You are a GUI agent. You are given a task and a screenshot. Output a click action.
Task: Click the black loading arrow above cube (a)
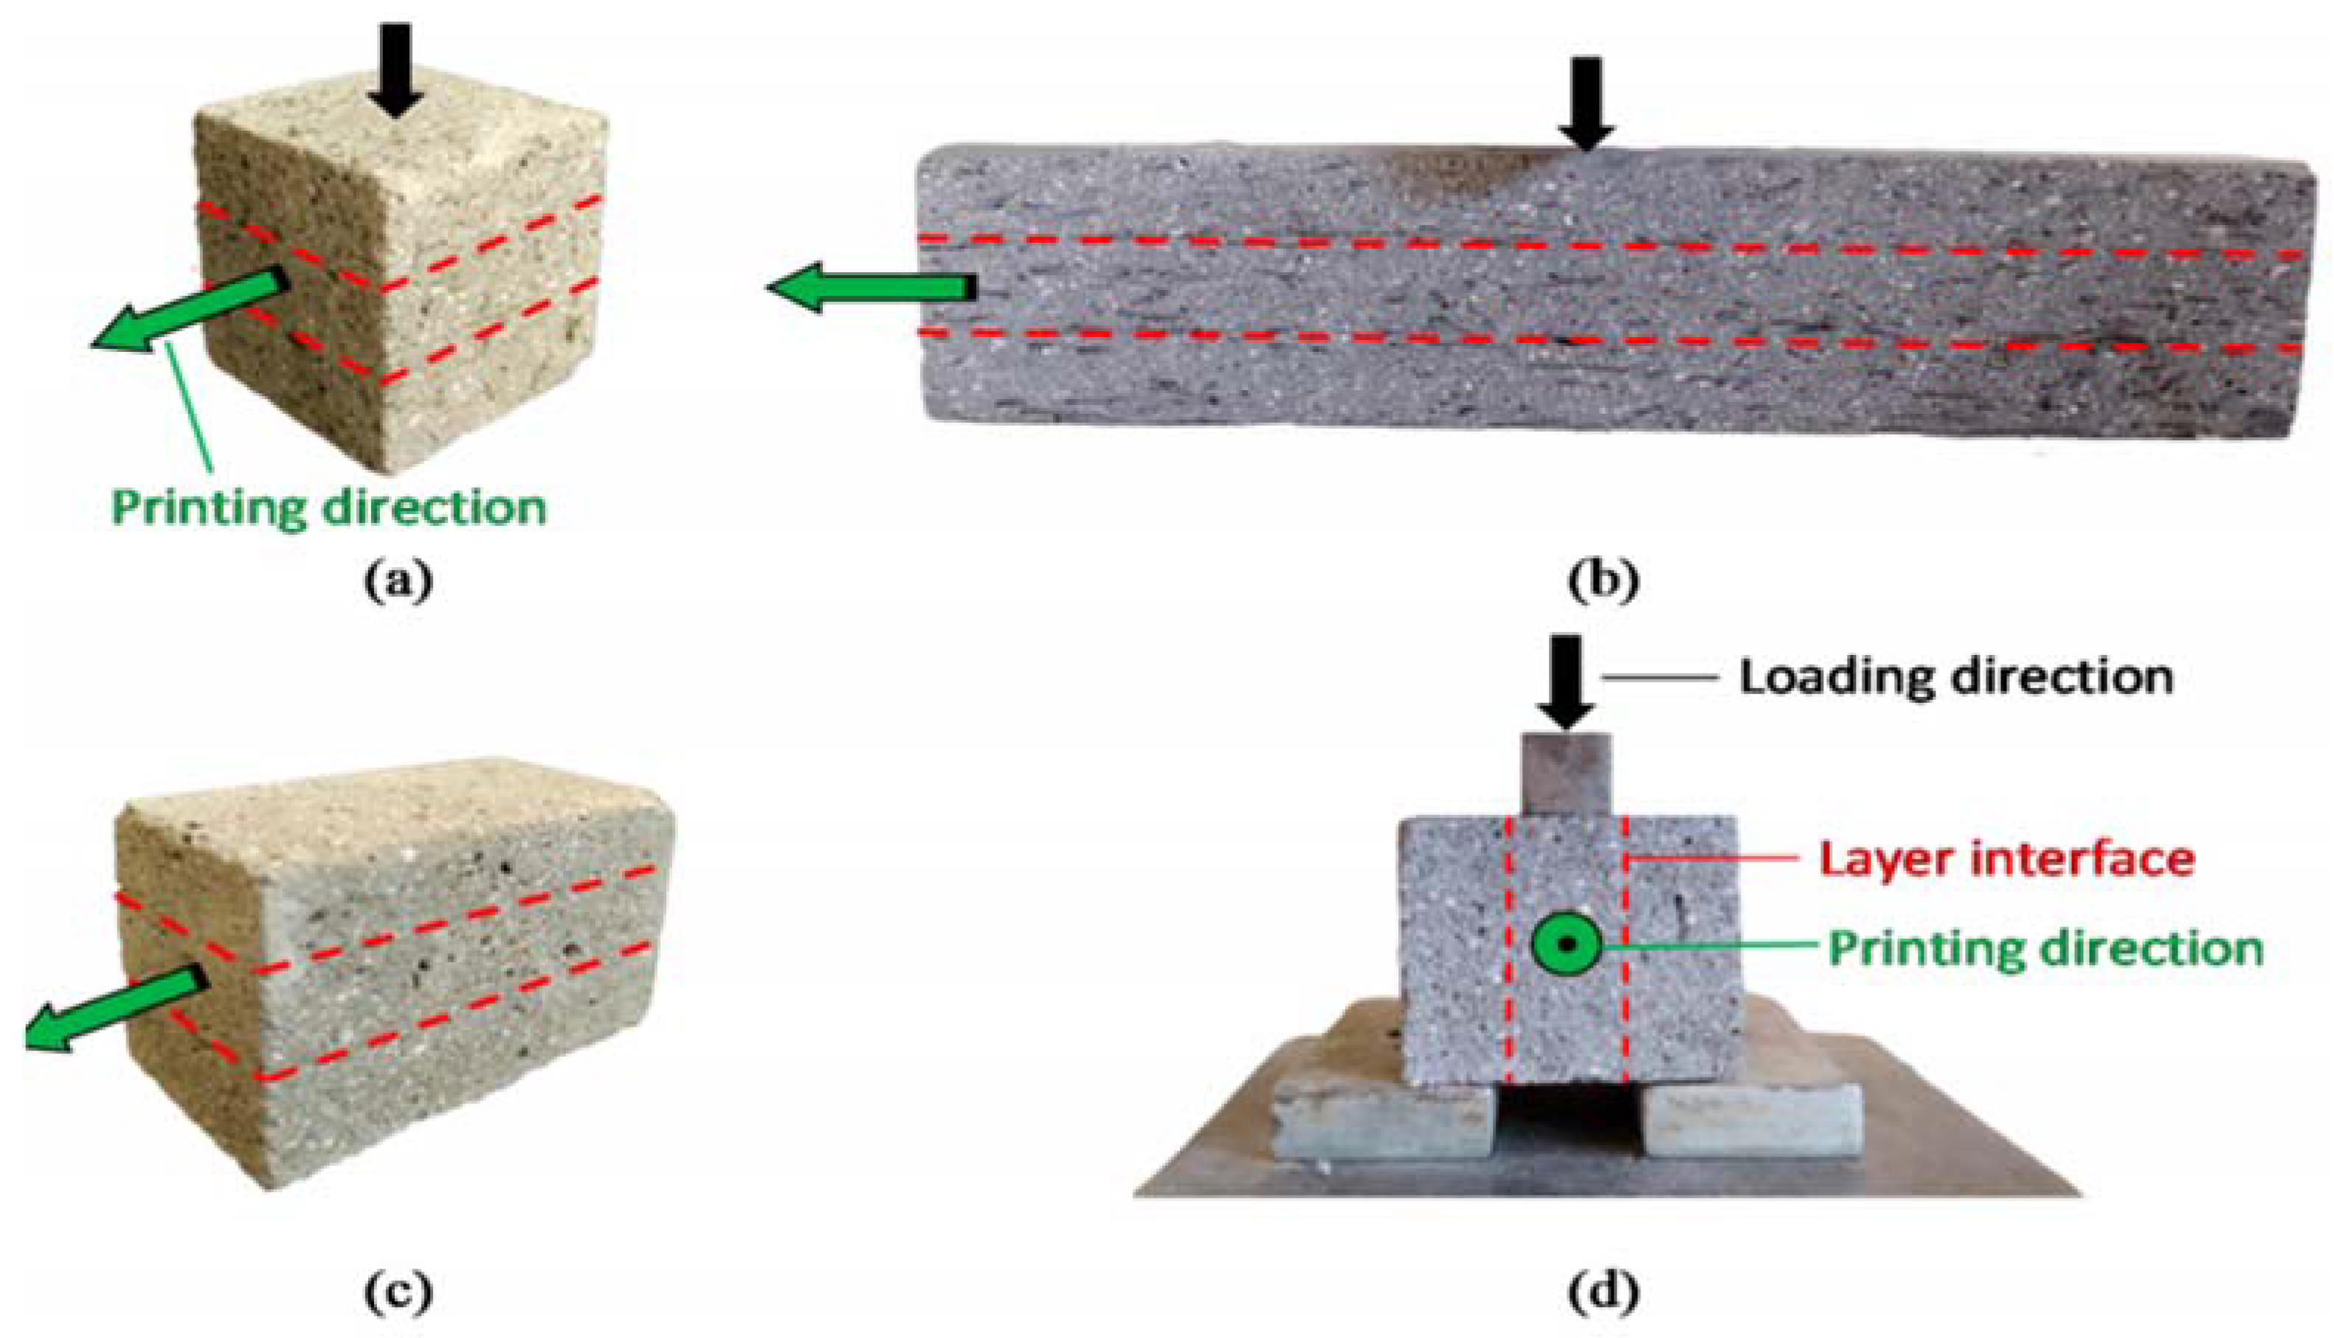pyautogui.click(x=397, y=69)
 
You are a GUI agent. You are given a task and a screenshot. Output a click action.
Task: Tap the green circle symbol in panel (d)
pyautogui.click(x=1567, y=944)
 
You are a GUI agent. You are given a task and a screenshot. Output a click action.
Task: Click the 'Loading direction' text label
pyautogui.click(x=1955, y=678)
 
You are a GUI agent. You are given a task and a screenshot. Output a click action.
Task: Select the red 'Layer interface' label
pyautogui.click(x=2007, y=859)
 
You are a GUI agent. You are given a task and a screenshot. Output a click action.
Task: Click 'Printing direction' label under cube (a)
pyautogui.click(x=329, y=507)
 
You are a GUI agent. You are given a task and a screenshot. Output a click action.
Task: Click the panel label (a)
pyautogui.click(x=398, y=583)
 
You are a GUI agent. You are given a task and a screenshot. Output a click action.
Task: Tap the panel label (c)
pyautogui.click(x=398, y=1294)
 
